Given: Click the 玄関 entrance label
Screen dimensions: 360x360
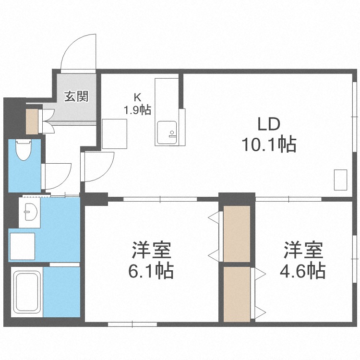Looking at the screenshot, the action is (76, 96).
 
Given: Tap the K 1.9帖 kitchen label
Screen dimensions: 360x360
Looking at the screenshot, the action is (138, 105).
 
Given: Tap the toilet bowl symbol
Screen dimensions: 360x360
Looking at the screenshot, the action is (23, 150).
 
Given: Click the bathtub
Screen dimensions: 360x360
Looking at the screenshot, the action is (27, 292).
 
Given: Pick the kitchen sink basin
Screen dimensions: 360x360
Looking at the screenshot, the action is (167, 132).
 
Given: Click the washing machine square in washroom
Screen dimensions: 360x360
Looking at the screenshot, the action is (23, 246).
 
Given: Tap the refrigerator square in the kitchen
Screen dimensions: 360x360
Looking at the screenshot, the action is (115, 134).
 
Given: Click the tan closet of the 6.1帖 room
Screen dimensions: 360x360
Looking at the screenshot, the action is (237, 234).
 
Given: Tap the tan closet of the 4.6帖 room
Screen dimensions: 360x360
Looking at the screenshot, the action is (237, 294).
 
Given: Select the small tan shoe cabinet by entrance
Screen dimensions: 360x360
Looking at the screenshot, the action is (32, 121).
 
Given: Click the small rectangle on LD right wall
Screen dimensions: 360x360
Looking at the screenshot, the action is (340, 180).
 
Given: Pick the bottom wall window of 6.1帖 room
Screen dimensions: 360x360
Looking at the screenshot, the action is (132, 324).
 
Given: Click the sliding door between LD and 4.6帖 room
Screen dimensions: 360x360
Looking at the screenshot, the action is (288, 199).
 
